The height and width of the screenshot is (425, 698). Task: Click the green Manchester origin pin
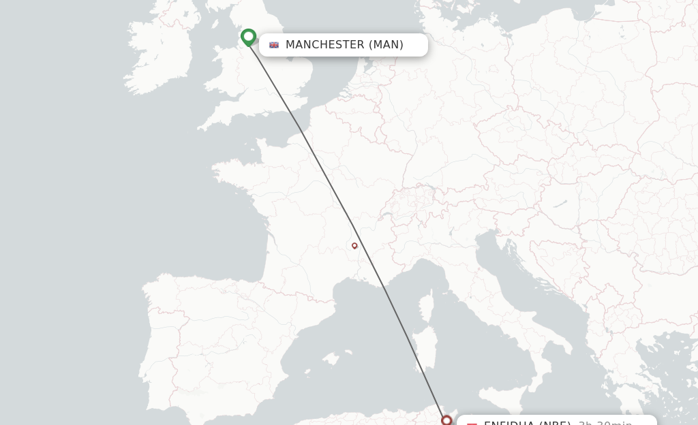(x=248, y=37)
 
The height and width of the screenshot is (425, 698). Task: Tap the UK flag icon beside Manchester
(x=274, y=45)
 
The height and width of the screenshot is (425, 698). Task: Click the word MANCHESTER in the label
(x=325, y=45)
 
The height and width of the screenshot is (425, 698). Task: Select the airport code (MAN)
(x=386, y=45)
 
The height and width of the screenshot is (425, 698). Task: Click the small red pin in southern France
(x=354, y=246)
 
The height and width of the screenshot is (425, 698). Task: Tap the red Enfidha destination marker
(x=446, y=420)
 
